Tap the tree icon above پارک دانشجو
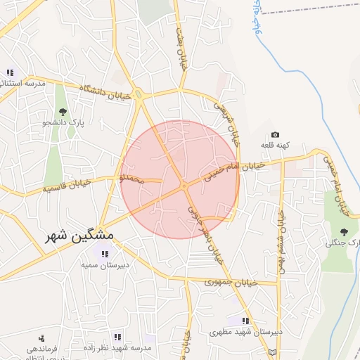pos(63,111)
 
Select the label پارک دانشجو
pos(62,122)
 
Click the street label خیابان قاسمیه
pos(67,188)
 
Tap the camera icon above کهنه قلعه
pos(275,134)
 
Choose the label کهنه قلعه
pos(274,144)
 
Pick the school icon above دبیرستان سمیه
pos(104,254)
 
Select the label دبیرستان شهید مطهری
pos(248,330)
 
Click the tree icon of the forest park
pos(344,232)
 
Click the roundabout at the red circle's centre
pos(184,186)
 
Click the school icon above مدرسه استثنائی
pos(11,72)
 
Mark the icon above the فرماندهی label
pos(41,337)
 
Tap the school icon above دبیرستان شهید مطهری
pos(246,320)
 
